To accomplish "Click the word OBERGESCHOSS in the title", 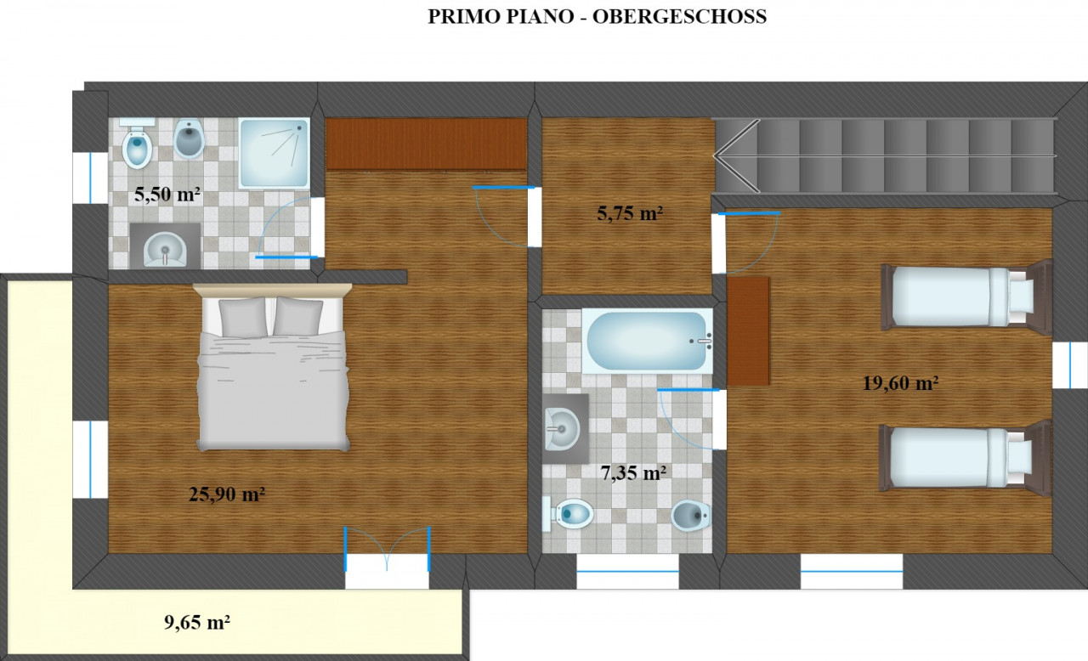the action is (679, 16).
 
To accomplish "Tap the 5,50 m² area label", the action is (167, 195).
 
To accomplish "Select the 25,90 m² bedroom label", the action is (226, 494).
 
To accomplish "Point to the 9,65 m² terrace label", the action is (196, 622).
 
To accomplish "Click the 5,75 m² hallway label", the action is (630, 213).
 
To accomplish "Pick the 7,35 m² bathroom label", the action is (633, 472).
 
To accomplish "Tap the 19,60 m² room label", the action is (900, 383).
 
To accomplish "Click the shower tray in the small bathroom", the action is (274, 153).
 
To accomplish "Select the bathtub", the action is (648, 342).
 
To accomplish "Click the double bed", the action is (273, 367).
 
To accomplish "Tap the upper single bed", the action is (966, 297).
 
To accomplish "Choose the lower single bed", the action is (966, 459).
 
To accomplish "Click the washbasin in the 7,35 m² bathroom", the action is (565, 429).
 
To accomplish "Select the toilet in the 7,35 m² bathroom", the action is (569, 514).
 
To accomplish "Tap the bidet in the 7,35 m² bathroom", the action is (691, 515).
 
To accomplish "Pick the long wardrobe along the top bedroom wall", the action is (426, 144).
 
